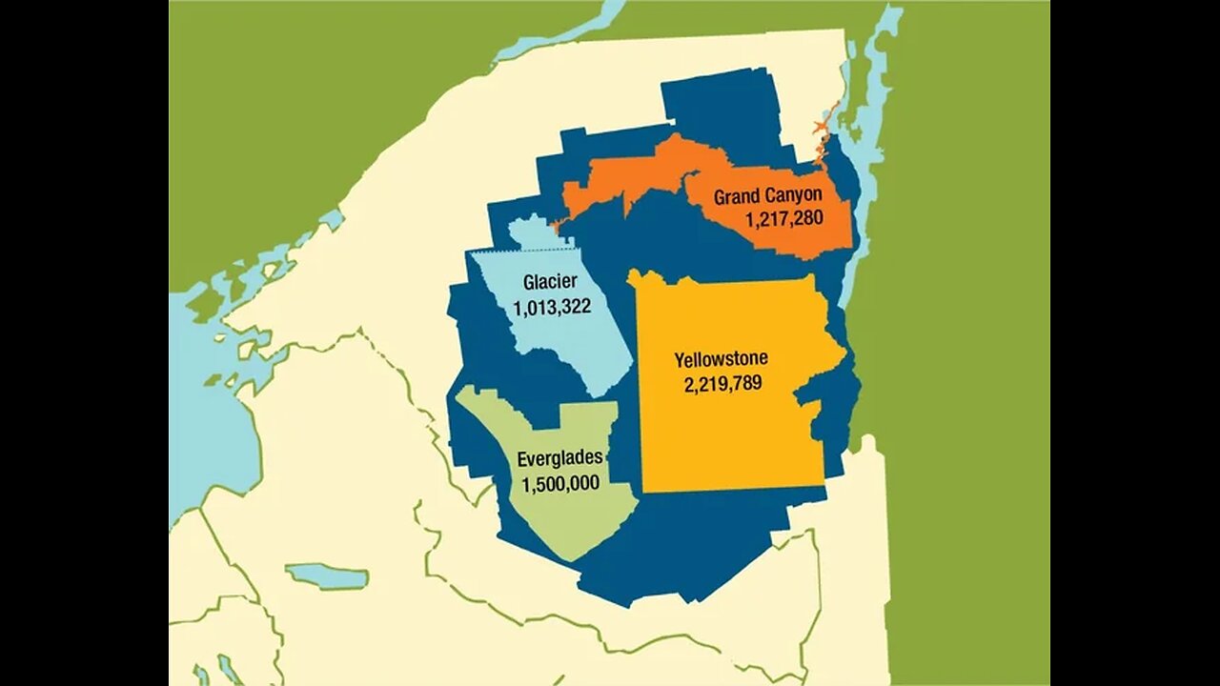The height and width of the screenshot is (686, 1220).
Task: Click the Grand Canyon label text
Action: point(767,196)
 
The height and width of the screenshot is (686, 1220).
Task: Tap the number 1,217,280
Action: point(784,218)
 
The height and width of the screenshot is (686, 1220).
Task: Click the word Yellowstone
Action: point(721,360)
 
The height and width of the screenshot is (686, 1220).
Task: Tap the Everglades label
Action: point(559,458)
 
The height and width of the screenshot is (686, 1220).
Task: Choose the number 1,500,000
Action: point(560,483)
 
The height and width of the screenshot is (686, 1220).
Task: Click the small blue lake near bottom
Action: point(326,576)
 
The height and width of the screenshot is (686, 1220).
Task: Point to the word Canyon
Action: point(794,196)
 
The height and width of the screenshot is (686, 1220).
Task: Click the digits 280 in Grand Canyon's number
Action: point(809,218)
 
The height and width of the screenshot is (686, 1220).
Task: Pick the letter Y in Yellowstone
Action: point(679,360)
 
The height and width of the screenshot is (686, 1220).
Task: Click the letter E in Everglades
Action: point(522,458)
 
